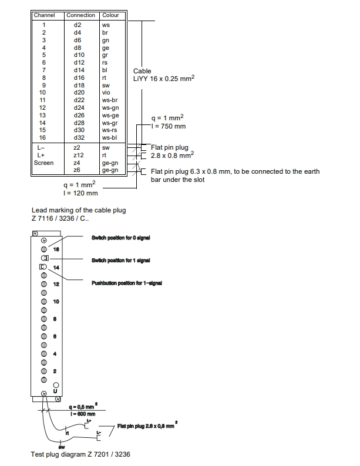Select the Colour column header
point(110,15)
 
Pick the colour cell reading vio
point(106,92)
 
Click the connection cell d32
point(79,138)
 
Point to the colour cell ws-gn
point(110,107)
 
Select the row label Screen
point(43,163)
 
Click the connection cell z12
point(78,155)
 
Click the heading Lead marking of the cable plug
point(78,210)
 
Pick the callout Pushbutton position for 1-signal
point(127,283)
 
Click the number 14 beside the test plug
point(56,268)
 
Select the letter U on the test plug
point(56,390)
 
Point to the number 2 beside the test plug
point(56,371)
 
